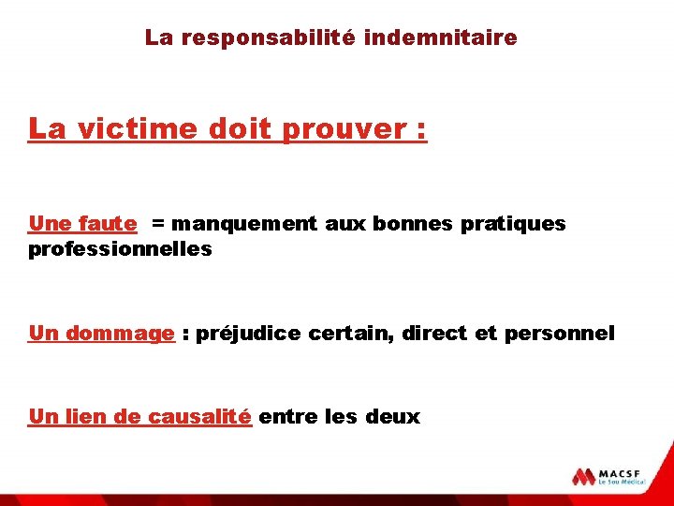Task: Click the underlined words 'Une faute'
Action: [82, 224]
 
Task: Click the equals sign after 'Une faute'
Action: [156, 224]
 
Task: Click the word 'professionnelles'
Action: [121, 250]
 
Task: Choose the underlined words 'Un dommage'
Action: [101, 334]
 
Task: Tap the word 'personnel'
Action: [559, 334]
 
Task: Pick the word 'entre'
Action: [286, 417]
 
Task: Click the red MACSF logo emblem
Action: [584, 475]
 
